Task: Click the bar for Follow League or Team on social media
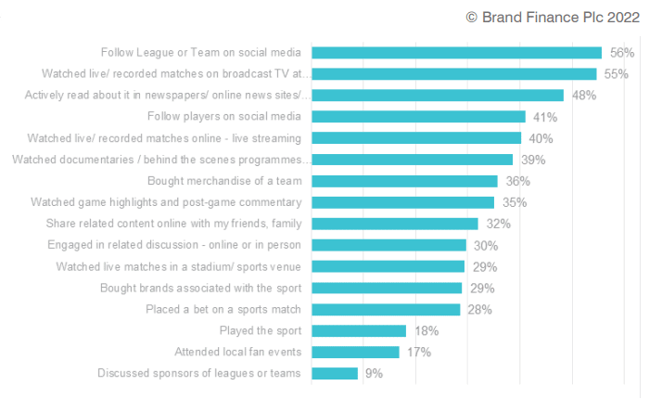[456, 53]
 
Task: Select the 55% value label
[617, 74]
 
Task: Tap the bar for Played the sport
[359, 330]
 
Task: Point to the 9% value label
[373, 373]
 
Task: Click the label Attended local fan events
[237, 352]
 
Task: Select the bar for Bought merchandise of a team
[404, 181]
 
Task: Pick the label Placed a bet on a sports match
[223, 309]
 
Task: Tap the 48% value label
[583, 96]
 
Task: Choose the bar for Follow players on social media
[418, 117]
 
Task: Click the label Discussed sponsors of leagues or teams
[199, 373]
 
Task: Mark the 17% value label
[418, 352]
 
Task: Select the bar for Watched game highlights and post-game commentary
[402, 202]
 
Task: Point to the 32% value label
[497, 224]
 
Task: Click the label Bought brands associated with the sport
[200, 288]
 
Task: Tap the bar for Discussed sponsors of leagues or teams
[335, 373]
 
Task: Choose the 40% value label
[541, 138]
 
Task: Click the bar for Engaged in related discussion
[388, 245]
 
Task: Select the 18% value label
[426, 330]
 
